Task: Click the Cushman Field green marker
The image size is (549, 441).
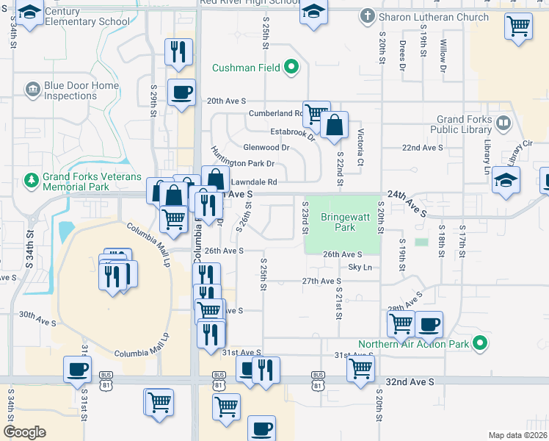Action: pos(291,68)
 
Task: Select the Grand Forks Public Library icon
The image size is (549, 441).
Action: pos(503,122)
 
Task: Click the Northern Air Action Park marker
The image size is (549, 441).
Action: pos(479,343)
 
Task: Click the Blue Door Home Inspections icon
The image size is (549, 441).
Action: pos(32,90)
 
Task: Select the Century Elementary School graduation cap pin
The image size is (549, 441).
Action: pos(29,12)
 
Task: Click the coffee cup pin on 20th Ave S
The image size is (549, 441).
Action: pos(181,93)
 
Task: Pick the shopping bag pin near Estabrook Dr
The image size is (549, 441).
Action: pos(334,125)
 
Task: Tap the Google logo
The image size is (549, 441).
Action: pos(24,432)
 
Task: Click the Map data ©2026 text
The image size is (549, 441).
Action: pos(517,434)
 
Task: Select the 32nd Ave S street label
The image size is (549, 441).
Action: pos(410,382)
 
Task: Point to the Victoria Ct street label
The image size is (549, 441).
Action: pos(360,147)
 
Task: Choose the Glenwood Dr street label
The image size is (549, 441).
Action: pos(266,148)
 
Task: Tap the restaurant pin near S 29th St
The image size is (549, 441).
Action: pos(178,51)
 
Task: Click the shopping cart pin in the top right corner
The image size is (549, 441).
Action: pos(518,26)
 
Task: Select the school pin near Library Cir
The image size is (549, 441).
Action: pos(506,181)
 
